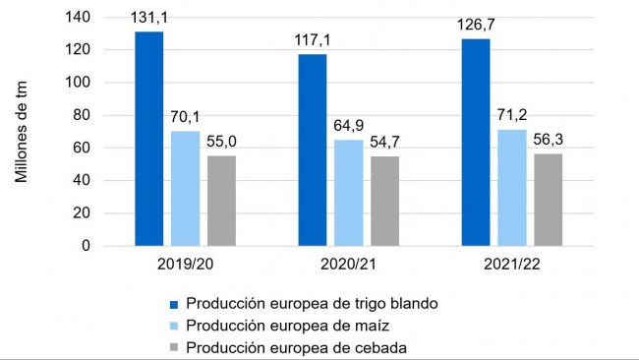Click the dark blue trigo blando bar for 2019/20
(149, 139)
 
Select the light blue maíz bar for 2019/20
(185, 188)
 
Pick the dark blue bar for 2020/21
(313, 150)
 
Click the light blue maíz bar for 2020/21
(348, 193)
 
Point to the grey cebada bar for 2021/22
(548, 200)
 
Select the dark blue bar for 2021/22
(476, 142)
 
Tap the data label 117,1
(313, 43)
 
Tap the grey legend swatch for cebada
(175, 346)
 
